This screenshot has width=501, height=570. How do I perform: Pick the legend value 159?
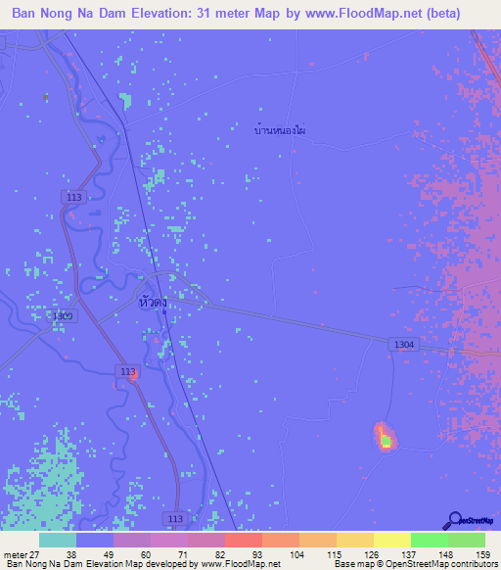(483, 553)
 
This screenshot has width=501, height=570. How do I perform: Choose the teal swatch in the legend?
(58, 540)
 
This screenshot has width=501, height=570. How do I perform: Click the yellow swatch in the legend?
(392, 540)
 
